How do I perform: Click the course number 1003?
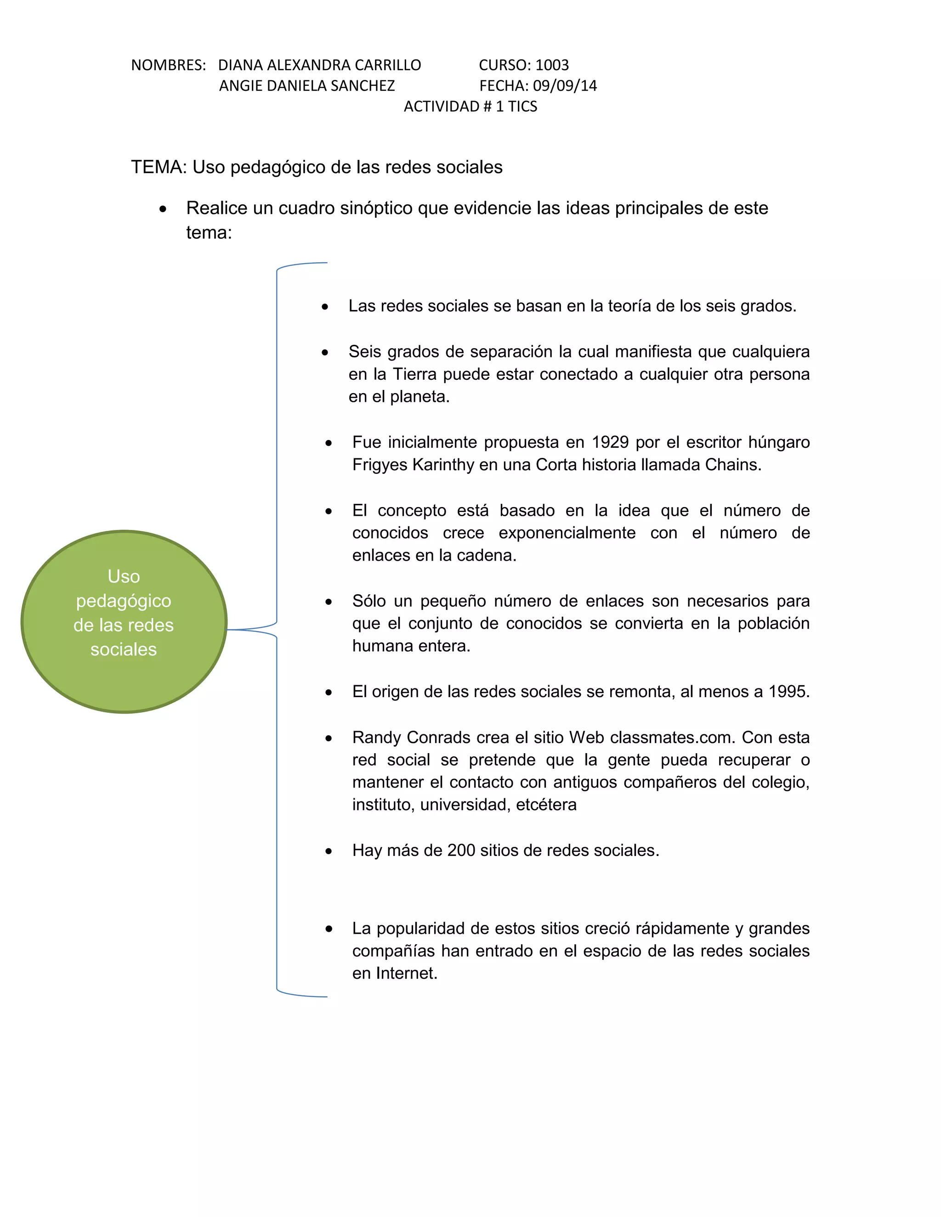[552, 65]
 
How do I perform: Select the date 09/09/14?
[565, 86]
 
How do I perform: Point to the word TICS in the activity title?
[522, 107]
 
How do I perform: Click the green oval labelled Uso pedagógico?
[124, 621]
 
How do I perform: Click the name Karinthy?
[443, 465]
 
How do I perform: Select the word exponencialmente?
[567, 533]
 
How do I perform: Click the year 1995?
[789, 692]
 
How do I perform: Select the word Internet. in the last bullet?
[406, 974]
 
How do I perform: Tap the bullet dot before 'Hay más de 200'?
[329, 851]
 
